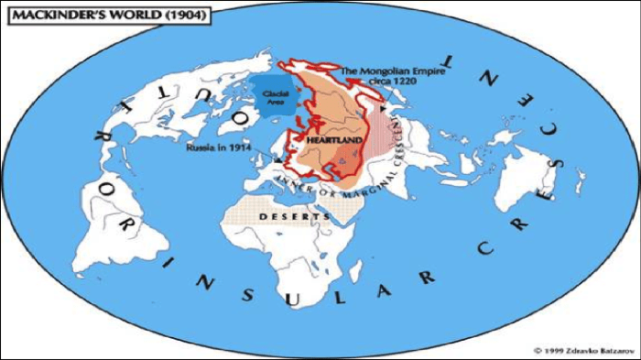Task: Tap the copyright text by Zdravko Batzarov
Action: tap(579, 350)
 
